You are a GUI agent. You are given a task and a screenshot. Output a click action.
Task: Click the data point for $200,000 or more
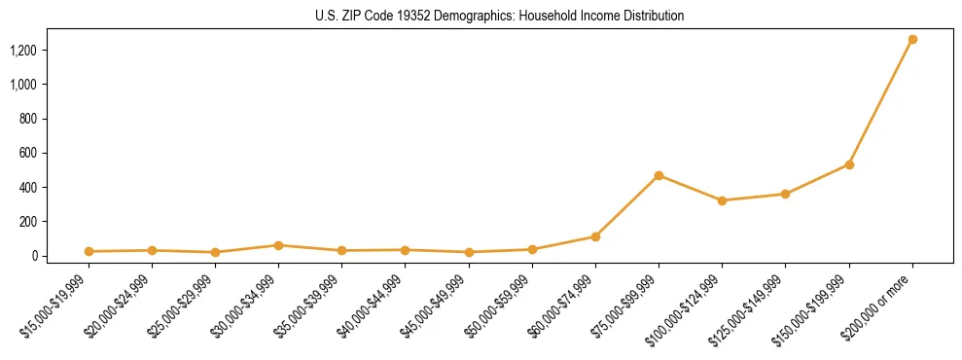[x=912, y=40]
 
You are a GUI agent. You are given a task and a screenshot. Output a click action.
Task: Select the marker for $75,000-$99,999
[x=659, y=175]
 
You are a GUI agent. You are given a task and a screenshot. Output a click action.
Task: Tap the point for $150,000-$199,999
[x=849, y=164]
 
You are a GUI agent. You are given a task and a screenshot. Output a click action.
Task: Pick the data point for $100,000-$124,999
[x=722, y=200]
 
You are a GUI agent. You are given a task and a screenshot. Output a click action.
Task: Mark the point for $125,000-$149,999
[x=785, y=194]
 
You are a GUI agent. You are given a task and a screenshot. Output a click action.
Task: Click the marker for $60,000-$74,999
[x=595, y=236]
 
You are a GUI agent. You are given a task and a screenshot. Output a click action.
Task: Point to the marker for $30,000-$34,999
[x=278, y=245]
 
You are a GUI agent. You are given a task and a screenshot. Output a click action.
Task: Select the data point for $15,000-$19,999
[x=89, y=251]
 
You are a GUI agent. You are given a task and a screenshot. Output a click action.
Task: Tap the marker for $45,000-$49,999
[x=469, y=252]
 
